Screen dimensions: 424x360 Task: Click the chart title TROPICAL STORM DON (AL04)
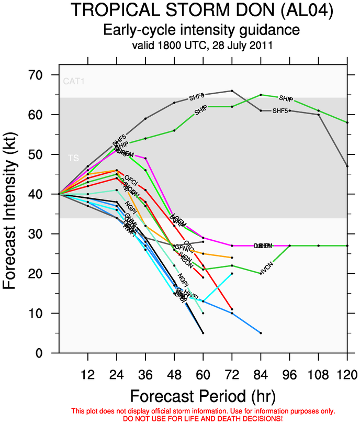tap(179, 10)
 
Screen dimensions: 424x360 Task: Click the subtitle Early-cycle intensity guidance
tap(179, 29)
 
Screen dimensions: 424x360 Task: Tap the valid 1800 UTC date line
tap(179, 46)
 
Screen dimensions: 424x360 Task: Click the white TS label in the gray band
tap(73, 158)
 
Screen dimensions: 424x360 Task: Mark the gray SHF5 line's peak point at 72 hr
tap(232, 91)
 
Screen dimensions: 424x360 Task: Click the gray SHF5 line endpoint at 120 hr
tap(347, 166)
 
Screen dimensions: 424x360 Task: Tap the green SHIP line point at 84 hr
tap(261, 95)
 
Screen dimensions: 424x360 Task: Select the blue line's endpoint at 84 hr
tap(261, 333)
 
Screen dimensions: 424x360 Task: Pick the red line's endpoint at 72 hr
tap(232, 309)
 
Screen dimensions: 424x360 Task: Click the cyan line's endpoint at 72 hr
tap(232, 273)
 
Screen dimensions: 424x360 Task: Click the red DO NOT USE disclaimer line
tap(179, 419)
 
